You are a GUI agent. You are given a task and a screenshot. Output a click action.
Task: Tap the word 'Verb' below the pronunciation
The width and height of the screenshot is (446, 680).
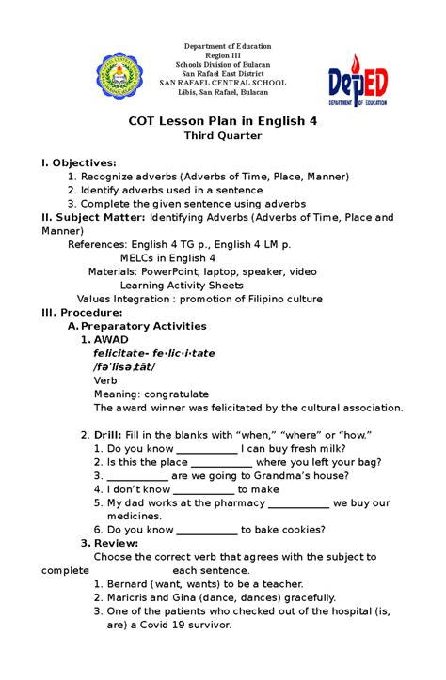pos(105,380)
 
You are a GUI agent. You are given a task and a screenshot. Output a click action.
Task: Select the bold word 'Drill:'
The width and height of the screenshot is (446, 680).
pos(113,435)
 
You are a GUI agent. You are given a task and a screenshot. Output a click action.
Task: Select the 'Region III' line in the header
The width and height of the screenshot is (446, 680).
pos(222,55)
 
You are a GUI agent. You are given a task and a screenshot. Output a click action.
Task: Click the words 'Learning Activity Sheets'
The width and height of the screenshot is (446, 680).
pos(182,286)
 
